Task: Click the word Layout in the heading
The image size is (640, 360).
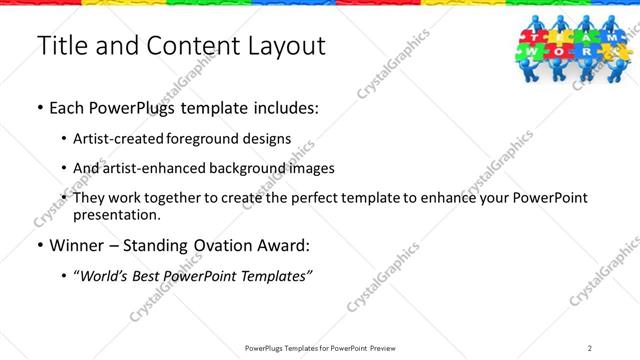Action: click(286, 45)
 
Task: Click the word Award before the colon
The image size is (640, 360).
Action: click(285, 244)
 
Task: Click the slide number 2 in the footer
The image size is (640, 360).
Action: click(590, 348)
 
